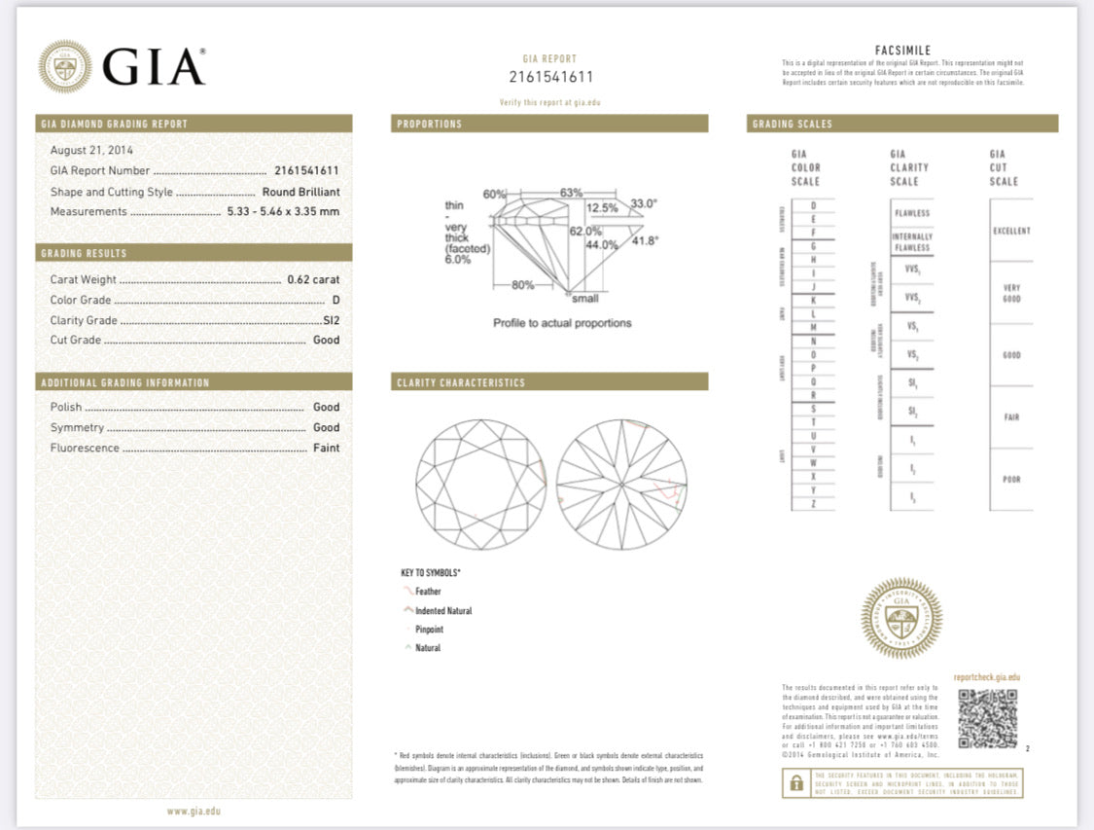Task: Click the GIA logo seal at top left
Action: (x=65, y=66)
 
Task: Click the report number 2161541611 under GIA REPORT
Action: (x=550, y=77)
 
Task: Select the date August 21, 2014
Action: (x=91, y=150)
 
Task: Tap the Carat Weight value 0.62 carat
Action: (x=313, y=279)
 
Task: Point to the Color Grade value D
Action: (x=335, y=300)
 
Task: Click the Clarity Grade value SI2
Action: (x=331, y=320)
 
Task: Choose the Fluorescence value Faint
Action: (x=326, y=448)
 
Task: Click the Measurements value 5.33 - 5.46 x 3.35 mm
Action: (x=283, y=211)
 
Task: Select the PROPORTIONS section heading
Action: (x=430, y=124)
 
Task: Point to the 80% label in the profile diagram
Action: (x=522, y=285)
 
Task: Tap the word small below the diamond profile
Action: (x=585, y=299)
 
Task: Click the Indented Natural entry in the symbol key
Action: (x=442, y=611)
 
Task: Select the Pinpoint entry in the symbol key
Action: (x=429, y=630)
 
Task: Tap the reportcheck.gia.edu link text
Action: (x=986, y=676)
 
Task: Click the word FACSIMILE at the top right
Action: (x=902, y=51)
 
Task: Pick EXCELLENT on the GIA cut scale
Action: (x=1011, y=231)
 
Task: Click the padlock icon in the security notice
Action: (x=796, y=783)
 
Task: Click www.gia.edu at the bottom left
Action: (x=194, y=811)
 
